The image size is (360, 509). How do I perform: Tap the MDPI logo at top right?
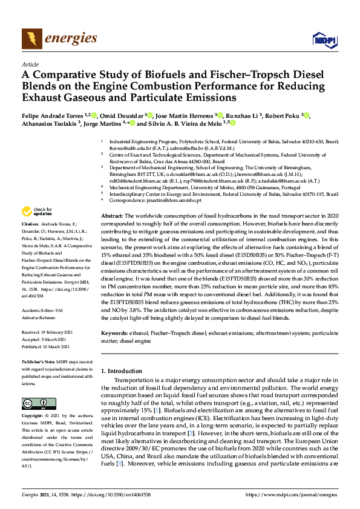[324, 40]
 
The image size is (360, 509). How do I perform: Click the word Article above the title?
[30, 63]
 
